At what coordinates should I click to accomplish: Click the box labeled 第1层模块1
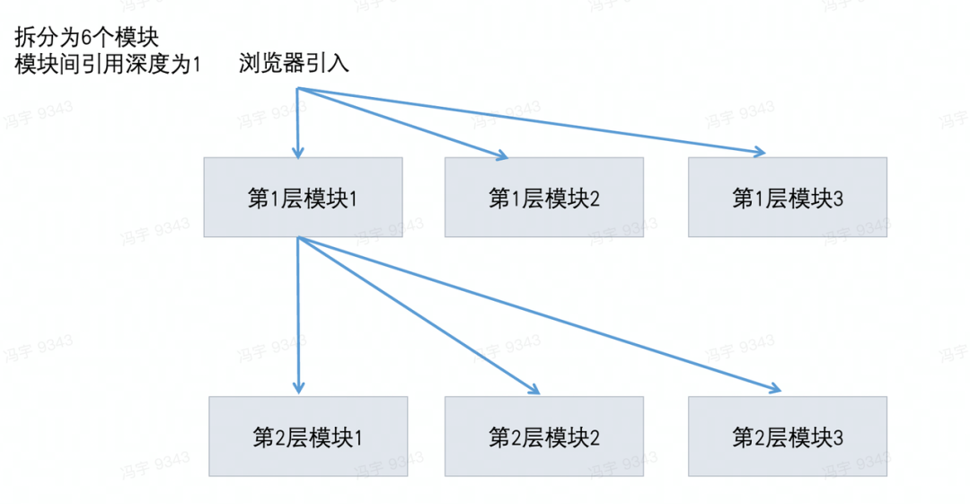(x=303, y=198)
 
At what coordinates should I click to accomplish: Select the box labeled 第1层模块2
(x=544, y=198)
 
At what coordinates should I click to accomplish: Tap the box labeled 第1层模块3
(x=788, y=198)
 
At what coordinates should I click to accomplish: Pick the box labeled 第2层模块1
(x=307, y=438)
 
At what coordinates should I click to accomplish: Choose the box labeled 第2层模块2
(x=544, y=438)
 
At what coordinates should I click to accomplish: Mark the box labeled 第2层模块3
(x=788, y=438)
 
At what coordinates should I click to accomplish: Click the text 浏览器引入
(x=294, y=65)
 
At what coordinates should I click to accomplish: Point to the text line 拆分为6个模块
(x=86, y=39)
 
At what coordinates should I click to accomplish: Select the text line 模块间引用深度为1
(x=109, y=65)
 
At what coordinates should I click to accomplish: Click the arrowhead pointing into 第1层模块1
(x=297, y=152)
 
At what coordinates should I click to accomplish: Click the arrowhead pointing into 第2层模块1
(x=297, y=389)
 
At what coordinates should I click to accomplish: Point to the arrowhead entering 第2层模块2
(x=534, y=391)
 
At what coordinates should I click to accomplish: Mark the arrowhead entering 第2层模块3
(x=775, y=389)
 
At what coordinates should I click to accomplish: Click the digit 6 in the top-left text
(x=98, y=39)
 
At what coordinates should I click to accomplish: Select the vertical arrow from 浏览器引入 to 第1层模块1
(x=297, y=121)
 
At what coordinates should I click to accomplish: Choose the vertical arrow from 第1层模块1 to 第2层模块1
(x=297, y=314)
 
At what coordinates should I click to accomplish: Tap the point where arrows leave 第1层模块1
(x=297, y=238)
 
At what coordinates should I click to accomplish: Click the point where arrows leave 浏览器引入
(x=297, y=88)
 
